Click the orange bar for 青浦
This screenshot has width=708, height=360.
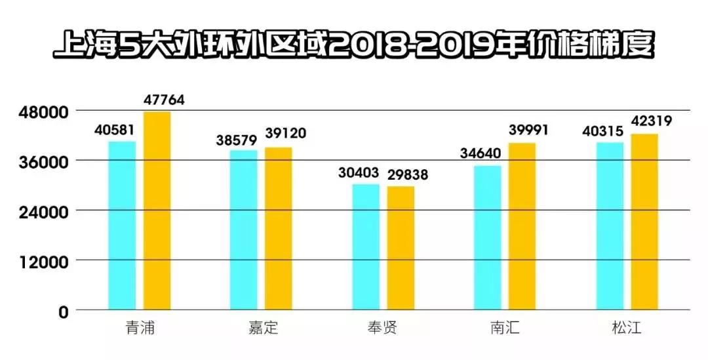coord(157,210)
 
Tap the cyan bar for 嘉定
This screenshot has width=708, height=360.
coord(244,230)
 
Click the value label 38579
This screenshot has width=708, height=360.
coord(237,140)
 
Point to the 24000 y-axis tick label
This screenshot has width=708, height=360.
coord(43,212)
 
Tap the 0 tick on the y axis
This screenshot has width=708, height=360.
coord(63,311)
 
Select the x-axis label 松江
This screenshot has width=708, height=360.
coord(627,328)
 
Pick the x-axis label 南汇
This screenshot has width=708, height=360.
coord(505,328)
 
